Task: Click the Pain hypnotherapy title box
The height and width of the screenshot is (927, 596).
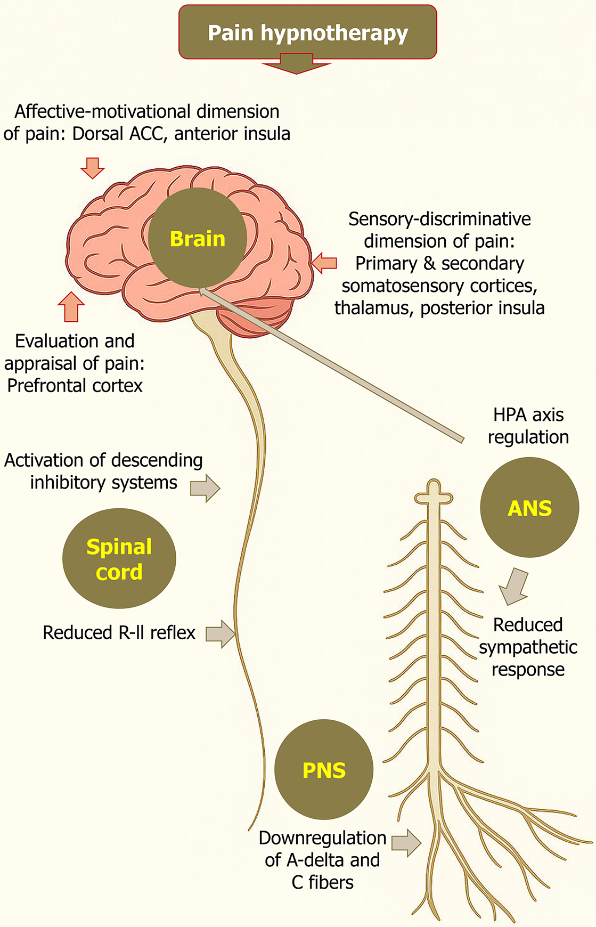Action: coord(307,32)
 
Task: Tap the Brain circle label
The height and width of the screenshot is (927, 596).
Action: coord(198,238)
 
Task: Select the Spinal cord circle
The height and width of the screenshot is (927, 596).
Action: coord(119,558)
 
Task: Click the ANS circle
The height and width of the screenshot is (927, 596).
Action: coord(529,507)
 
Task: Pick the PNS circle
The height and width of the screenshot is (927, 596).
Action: coord(324,769)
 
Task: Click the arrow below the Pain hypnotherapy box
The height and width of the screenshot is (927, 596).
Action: coord(297,64)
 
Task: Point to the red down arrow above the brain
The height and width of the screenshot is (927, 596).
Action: coord(92,167)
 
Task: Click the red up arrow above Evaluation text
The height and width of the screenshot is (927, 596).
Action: coord(71,307)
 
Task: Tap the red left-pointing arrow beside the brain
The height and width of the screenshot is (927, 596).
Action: coord(324,262)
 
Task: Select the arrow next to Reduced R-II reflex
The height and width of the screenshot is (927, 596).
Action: coord(221,633)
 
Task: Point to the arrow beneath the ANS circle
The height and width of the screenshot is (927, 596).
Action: coord(515,586)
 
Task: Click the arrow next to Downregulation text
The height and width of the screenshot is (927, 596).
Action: coord(406,842)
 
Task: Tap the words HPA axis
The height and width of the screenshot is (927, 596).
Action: coord(528,414)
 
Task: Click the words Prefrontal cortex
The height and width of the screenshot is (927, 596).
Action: coord(75,385)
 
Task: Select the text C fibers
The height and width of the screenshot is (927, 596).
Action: coord(322,882)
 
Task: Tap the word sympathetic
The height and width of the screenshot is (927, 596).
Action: coord(527,647)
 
